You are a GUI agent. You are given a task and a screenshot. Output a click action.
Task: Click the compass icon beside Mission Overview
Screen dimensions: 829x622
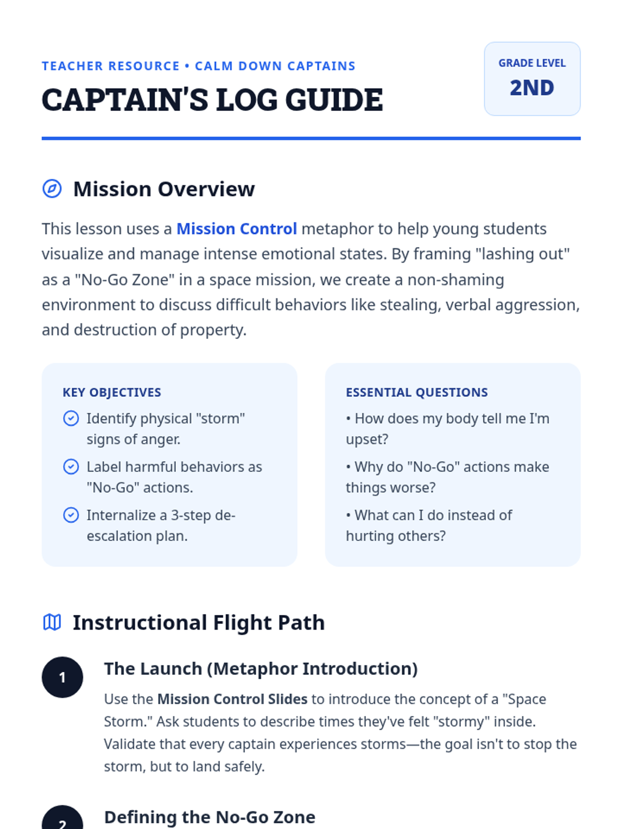click(52, 189)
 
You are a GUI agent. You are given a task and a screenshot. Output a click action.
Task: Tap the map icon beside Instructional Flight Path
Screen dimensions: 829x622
click(52, 622)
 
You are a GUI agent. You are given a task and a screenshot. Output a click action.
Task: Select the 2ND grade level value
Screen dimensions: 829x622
click(532, 88)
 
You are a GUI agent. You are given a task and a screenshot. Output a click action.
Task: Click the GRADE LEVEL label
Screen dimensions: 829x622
click(532, 63)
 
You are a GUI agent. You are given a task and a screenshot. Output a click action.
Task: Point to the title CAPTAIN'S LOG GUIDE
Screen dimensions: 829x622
click(212, 100)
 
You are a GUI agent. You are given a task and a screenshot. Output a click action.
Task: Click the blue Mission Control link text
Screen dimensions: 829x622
click(236, 229)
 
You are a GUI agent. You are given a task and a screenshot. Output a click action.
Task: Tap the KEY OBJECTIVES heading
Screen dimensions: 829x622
click(112, 393)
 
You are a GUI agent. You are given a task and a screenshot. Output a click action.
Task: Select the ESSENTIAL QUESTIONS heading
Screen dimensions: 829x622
click(417, 393)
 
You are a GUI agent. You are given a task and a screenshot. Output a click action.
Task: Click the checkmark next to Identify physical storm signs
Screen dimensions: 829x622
click(71, 418)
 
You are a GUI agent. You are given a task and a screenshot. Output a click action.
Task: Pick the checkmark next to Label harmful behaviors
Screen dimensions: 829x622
click(71, 467)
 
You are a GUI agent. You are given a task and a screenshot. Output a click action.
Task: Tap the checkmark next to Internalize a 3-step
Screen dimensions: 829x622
click(71, 515)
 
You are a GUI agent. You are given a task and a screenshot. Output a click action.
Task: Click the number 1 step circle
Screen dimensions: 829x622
click(62, 677)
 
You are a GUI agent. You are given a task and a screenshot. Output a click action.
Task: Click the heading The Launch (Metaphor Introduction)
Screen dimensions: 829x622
click(261, 669)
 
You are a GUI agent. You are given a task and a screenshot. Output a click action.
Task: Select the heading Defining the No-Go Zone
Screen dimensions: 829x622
click(209, 817)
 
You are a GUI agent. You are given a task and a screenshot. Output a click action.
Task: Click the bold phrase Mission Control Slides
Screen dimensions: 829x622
click(232, 699)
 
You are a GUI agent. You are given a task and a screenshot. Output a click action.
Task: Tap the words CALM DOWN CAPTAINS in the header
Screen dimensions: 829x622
click(275, 66)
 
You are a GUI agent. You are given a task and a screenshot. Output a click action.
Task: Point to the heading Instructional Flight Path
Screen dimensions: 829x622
click(199, 623)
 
